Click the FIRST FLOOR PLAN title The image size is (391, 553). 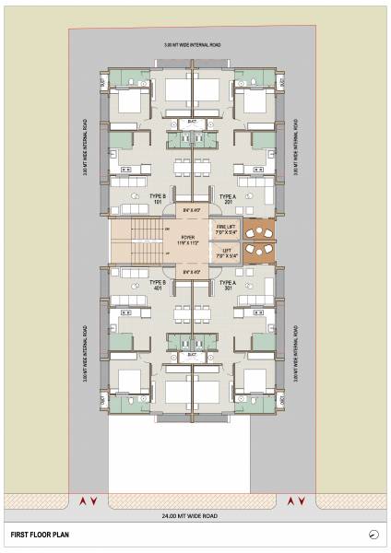(41, 534)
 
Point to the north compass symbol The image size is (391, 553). (373, 534)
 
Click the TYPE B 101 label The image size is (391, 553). (158, 199)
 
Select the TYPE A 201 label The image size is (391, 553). (228, 199)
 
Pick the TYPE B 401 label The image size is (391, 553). (158, 285)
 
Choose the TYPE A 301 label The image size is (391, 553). (228, 285)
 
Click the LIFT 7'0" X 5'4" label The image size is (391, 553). (228, 253)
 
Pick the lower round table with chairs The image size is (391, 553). (261, 253)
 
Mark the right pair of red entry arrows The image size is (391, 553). (297, 500)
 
